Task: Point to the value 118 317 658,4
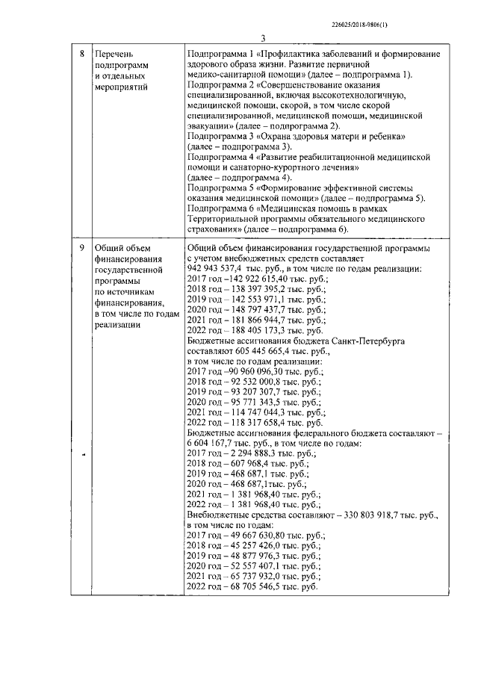click(x=258, y=422)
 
